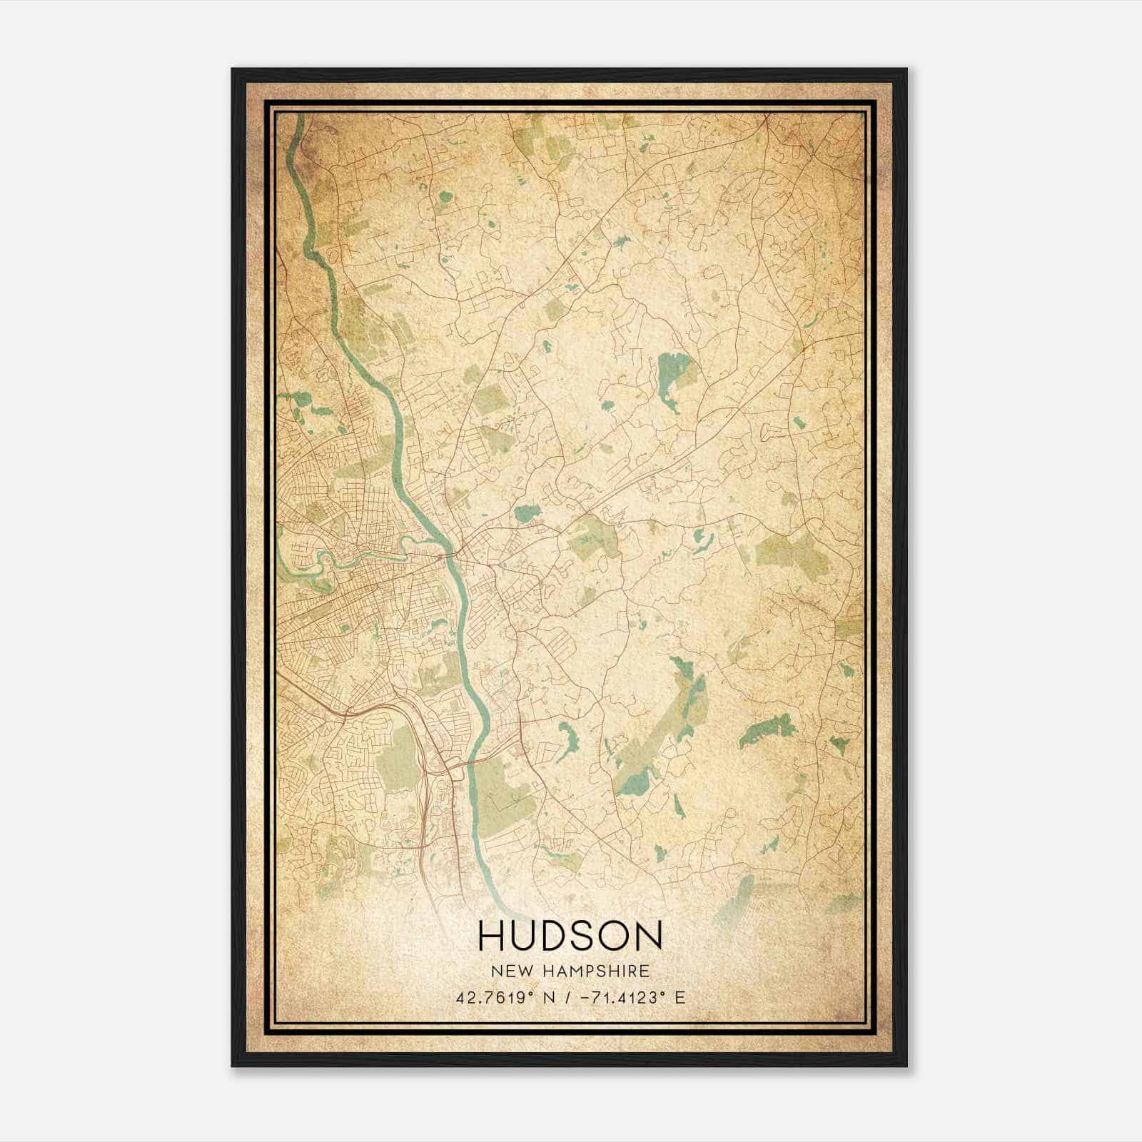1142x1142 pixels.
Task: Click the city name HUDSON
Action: (x=570, y=936)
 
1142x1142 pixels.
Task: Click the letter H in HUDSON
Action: (x=493, y=936)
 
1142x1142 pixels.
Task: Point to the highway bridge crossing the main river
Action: (x=471, y=763)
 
